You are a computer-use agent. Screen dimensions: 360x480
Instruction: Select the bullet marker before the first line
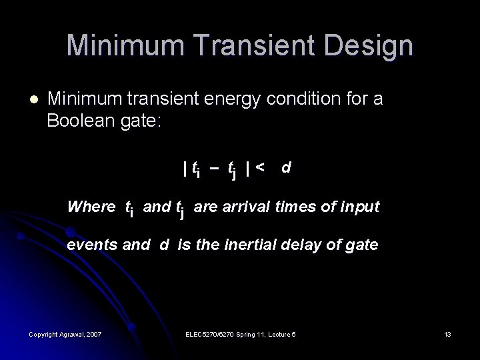point(33,100)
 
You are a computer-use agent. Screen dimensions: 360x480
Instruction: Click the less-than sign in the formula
point(259,167)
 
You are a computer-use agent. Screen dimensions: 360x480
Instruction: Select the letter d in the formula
point(285,167)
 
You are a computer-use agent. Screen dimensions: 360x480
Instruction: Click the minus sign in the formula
point(214,169)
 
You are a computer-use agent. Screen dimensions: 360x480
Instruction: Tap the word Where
point(91,207)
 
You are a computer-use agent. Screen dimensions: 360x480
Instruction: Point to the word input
point(359,207)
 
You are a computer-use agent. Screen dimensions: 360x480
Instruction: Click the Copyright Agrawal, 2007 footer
point(65,333)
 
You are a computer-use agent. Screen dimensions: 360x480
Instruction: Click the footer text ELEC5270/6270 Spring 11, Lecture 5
point(241,333)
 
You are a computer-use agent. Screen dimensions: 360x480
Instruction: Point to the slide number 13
point(447,333)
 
